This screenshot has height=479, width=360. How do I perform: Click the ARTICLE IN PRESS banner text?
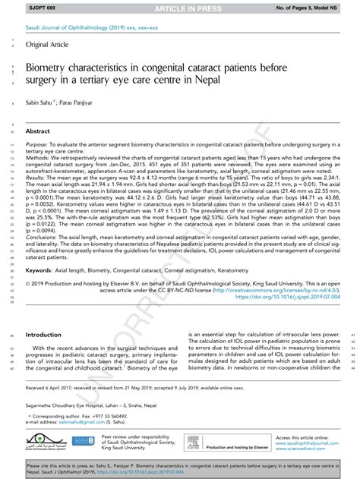(179, 6)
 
